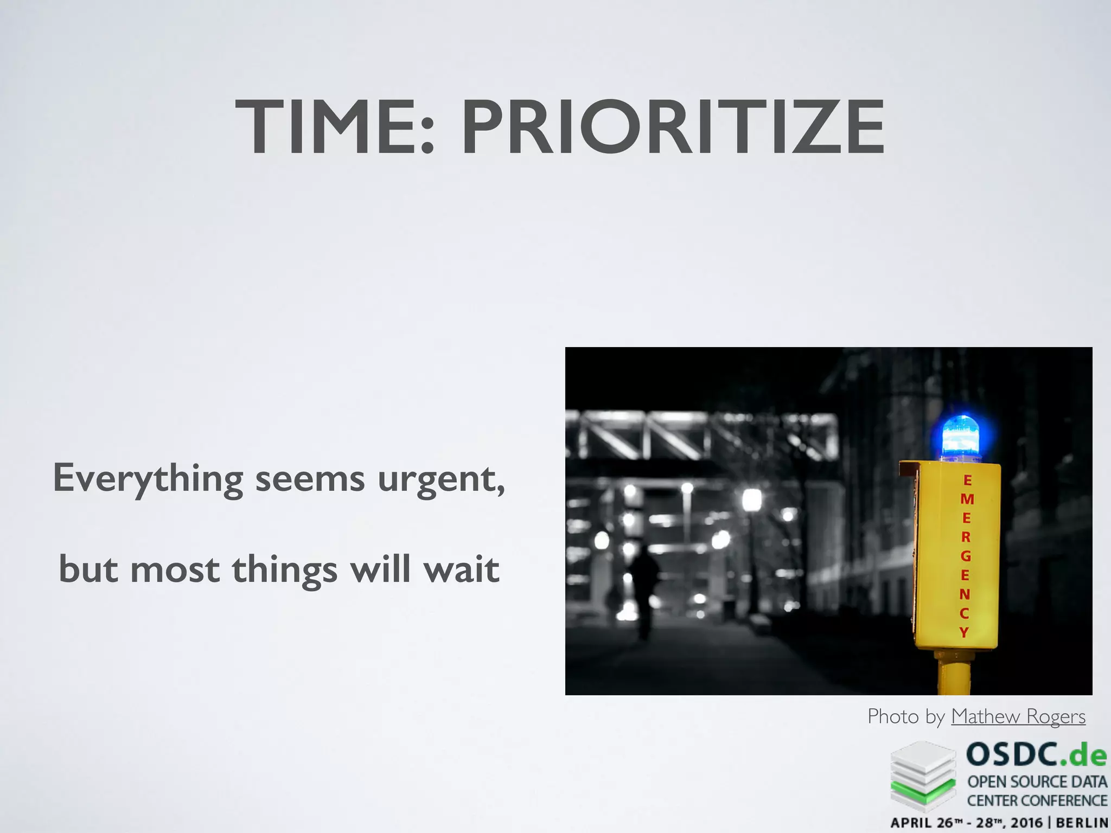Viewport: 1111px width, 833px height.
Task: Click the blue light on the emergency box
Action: (x=961, y=437)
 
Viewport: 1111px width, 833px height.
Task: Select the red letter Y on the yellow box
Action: (x=964, y=632)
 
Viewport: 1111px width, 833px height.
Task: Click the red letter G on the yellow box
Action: (x=966, y=556)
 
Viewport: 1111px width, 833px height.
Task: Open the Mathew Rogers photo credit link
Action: (x=1018, y=716)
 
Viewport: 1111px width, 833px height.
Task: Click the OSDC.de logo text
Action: (x=1036, y=755)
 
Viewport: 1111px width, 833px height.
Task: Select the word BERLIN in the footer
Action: (x=1082, y=823)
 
